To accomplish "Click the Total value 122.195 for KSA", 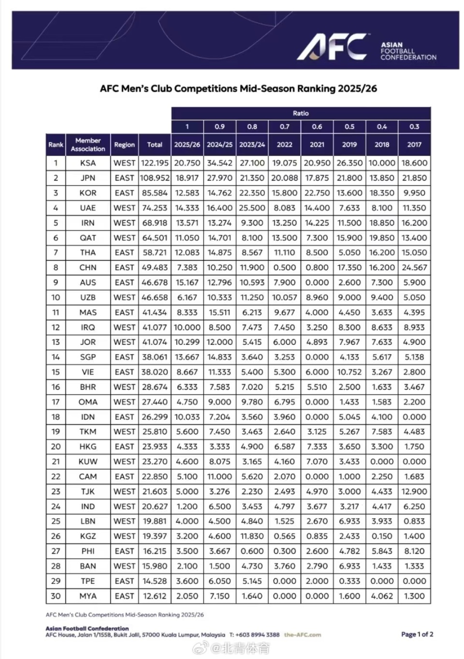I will (155, 163).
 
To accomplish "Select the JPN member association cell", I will (88, 178).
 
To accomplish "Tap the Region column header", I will (124, 144).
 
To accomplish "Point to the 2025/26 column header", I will (187, 144).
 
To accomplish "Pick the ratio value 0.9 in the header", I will (219, 127).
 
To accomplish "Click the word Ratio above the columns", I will (301, 113).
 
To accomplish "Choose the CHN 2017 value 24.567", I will (414, 268).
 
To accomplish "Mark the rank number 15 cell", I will (56, 372).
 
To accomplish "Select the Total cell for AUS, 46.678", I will (155, 283).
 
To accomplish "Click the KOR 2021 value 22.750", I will (317, 193).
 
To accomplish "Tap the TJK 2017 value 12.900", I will (414, 491).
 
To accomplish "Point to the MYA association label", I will (88, 596).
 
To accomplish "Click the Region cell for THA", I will (124, 253).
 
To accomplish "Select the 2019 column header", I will (349, 144).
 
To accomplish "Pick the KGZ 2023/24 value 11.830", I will (252, 536).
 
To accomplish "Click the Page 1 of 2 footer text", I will (417, 634).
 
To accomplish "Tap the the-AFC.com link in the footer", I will (303, 635).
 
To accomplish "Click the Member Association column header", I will (88, 144).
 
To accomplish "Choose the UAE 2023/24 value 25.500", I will (252, 208).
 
